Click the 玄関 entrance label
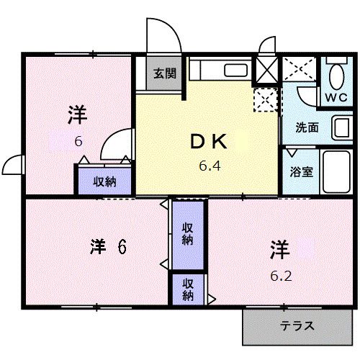(x=165, y=73)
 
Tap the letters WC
(x=336, y=97)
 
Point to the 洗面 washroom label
(x=307, y=127)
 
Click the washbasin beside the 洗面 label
(x=342, y=128)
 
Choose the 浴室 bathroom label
(x=302, y=171)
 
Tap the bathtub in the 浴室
(x=336, y=171)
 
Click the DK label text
(x=208, y=142)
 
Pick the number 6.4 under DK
(x=210, y=166)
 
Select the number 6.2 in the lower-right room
(x=281, y=276)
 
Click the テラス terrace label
(x=297, y=326)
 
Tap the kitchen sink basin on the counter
(x=235, y=71)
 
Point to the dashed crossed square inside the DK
(x=266, y=100)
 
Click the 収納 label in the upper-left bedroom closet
(x=104, y=181)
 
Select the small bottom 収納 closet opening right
(x=188, y=289)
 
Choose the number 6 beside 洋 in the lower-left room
(x=122, y=247)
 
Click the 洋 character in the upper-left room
(x=77, y=114)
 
